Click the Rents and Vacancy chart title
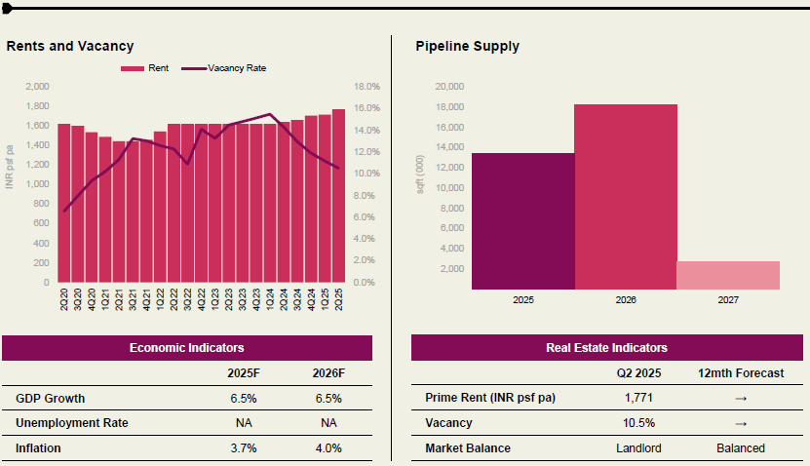(70, 46)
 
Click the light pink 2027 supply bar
(728, 275)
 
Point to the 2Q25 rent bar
(338, 196)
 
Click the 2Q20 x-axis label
(64, 299)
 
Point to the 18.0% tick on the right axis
(367, 87)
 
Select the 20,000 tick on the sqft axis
(449, 87)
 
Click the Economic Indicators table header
(186, 348)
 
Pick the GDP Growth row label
(51, 399)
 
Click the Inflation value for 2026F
(328, 448)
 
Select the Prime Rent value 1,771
(638, 399)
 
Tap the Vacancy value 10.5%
(638, 423)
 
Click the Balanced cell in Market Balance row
(740, 448)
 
